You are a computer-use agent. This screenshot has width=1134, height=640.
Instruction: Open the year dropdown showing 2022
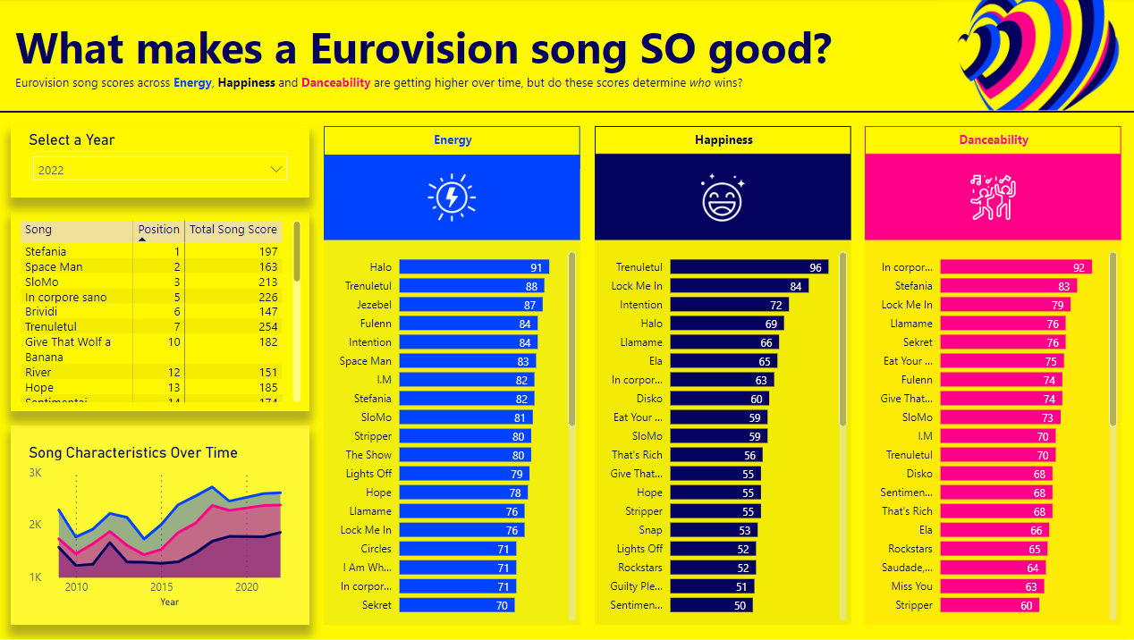point(160,170)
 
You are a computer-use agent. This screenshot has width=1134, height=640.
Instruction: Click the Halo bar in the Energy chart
point(473,267)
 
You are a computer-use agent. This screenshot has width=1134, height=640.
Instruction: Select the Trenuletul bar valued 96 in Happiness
point(749,267)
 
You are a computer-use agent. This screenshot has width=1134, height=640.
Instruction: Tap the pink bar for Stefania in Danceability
point(1008,286)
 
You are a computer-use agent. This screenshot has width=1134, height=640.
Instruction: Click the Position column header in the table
point(158,230)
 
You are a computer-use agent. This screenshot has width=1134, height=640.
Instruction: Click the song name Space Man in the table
point(54,267)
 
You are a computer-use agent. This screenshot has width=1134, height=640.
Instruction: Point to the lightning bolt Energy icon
point(452,198)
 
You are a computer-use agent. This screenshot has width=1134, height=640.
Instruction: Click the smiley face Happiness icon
point(723,198)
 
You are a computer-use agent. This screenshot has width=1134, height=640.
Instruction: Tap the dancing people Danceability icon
point(993,198)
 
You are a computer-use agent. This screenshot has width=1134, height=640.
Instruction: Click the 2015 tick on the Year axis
point(162,587)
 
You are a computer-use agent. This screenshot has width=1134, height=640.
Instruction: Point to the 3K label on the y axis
point(36,472)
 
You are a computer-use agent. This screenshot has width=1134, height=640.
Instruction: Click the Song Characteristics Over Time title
point(133,453)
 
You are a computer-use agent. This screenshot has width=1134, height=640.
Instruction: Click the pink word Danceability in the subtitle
point(335,83)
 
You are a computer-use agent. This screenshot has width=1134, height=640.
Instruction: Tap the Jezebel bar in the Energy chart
point(470,305)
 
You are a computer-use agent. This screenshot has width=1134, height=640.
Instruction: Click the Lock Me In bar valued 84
point(739,286)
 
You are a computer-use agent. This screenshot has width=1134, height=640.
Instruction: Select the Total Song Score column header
point(233,230)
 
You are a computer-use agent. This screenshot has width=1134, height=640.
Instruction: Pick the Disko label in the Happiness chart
point(649,399)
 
